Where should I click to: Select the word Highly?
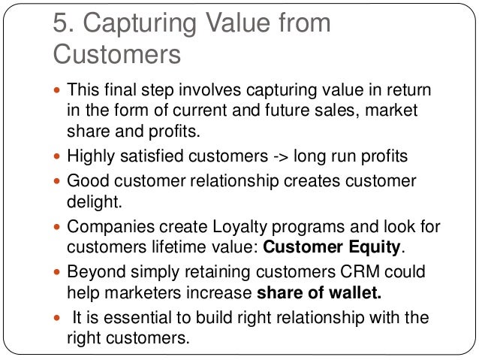[x=91, y=156]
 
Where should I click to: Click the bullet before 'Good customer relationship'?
[x=57, y=182]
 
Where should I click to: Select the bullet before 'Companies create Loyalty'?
[x=57, y=227]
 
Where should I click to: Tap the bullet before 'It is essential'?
[x=57, y=318]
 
